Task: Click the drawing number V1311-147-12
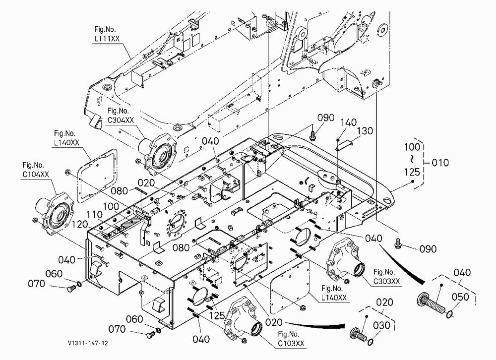[x=88, y=343]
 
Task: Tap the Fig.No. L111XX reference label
[x=107, y=34]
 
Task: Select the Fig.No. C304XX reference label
[x=121, y=116]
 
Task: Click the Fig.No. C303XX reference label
[x=386, y=277]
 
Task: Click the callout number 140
[x=349, y=122]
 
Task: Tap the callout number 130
[x=365, y=130]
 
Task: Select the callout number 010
[x=440, y=163]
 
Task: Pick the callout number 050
[x=460, y=297]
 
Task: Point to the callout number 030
[x=382, y=325]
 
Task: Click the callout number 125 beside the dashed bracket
[x=412, y=172]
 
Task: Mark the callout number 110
[x=95, y=215]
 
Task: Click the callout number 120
[x=80, y=224]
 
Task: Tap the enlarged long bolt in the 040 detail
[x=432, y=304]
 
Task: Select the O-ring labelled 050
[x=450, y=314]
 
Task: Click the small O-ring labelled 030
[x=371, y=342]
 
